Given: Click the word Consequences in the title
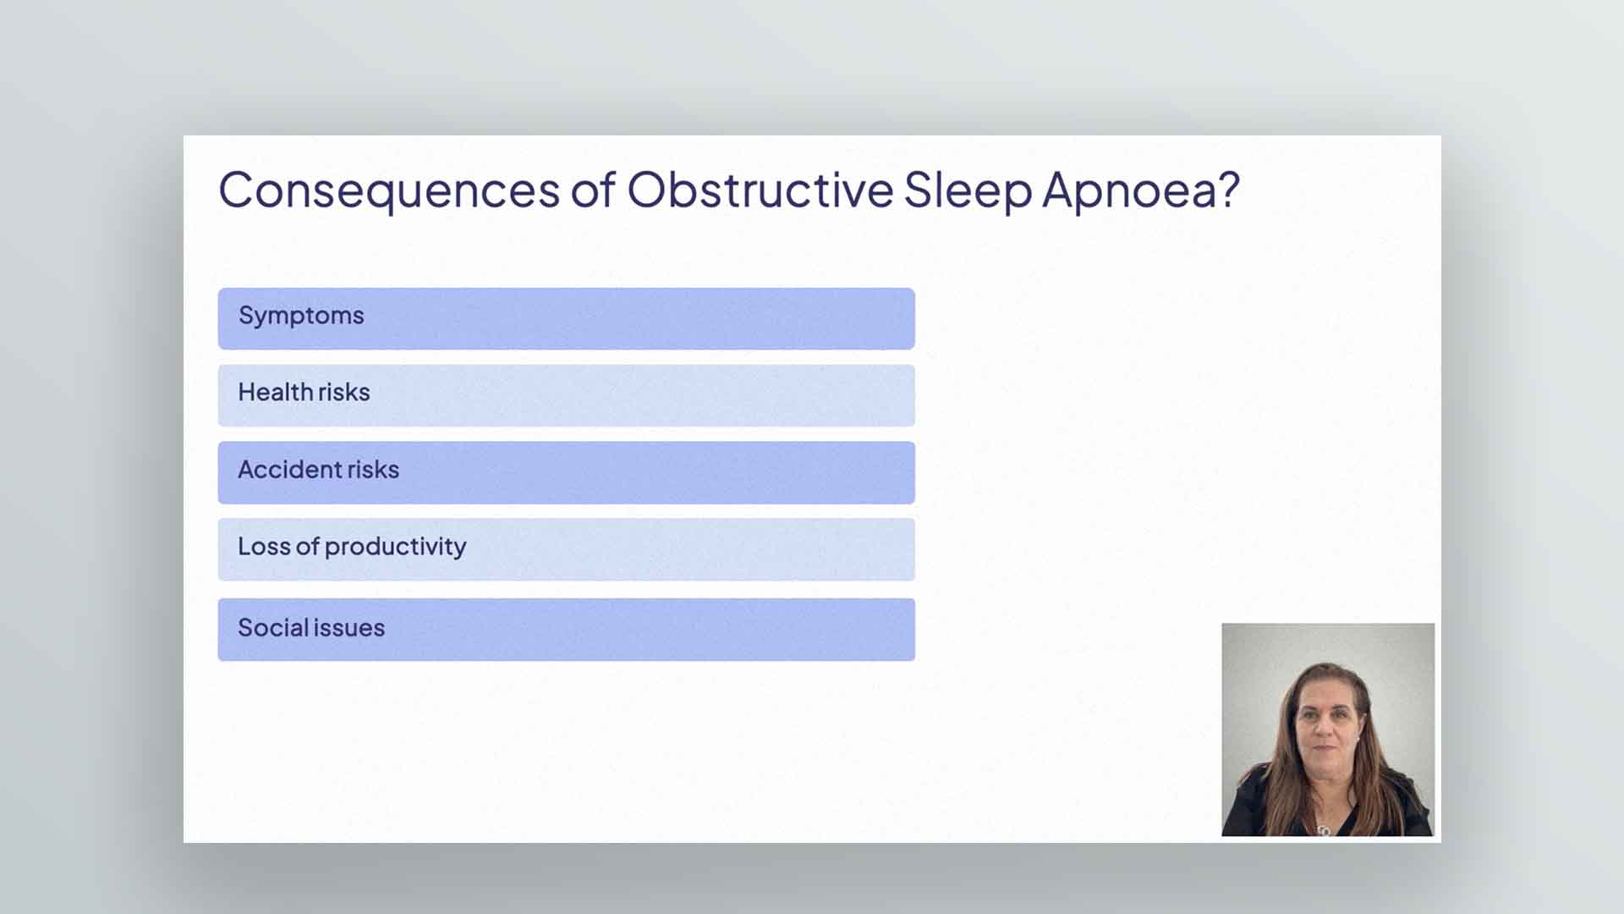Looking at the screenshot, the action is (x=389, y=190).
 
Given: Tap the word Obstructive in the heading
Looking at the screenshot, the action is (x=760, y=189).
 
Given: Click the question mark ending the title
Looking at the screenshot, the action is (x=1227, y=189).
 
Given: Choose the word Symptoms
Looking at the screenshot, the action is (x=301, y=316).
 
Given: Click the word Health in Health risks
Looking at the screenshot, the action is (x=275, y=392).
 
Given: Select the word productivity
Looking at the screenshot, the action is (x=395, y=547).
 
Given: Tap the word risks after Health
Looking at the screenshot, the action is (x=344, y=392).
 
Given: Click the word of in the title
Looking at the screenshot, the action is (x=593, y=189).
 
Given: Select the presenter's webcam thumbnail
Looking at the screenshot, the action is (x=1328, y=730).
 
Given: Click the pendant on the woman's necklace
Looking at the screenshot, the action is (x=1324, y=829).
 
